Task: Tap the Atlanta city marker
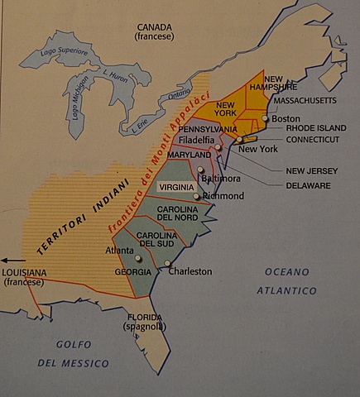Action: (x=138, y=258)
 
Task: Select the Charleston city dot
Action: (x=167, y=263)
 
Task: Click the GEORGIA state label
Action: (x=132, y=272)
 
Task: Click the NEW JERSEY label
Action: (x=311, y=171)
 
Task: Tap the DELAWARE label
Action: (x=308, y=185)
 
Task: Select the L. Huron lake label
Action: (x=113, y=74)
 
